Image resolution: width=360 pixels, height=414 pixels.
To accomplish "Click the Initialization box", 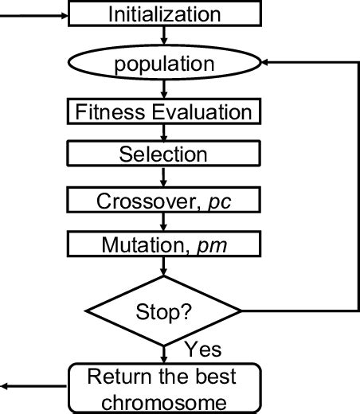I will coord(163,14).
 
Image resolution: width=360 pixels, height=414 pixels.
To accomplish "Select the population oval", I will coord(163,64).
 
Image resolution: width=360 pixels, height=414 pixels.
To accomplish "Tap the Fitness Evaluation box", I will coord(163,111).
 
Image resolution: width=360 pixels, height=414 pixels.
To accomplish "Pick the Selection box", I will coord(163,154).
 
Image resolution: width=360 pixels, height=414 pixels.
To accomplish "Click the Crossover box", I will coord(163,200).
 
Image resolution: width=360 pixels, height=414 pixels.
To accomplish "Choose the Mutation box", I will coord(163,244).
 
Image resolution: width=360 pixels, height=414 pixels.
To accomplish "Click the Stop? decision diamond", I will coord(163,310).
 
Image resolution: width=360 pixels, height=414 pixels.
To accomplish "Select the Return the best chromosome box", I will coord(163,388).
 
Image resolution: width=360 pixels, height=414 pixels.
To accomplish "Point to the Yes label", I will coord(202,349).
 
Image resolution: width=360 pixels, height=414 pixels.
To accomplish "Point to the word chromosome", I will coord(163,401).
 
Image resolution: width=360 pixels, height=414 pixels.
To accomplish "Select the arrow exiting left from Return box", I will coord(32,388).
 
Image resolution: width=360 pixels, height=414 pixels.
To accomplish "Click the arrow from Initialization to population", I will coord(163,36).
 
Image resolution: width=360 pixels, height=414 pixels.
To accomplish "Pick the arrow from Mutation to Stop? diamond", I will coord(163,267).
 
